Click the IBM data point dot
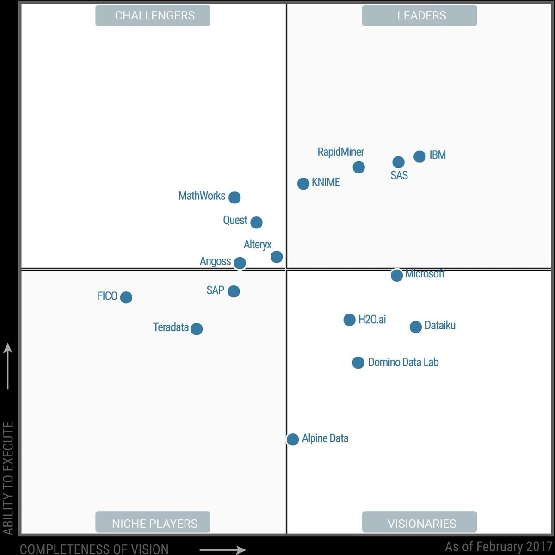click(419, 157)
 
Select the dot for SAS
click(398, 162)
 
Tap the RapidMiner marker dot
click(358, 167)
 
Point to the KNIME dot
click(303, 184)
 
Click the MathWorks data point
click(234, 197)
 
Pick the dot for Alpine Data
click(292, 439)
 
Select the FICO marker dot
click(126, 297)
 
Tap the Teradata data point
click(197, 329)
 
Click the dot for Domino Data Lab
click(358, 362)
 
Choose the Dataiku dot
click(416, 327)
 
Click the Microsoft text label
click(425, 274)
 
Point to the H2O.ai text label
click(372, 320)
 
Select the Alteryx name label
click(258, 245)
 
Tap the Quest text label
click(235, 220)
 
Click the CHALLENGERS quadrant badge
click(153, 16)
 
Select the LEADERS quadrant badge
click(419, 16)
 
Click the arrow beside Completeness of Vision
click(222, 550)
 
